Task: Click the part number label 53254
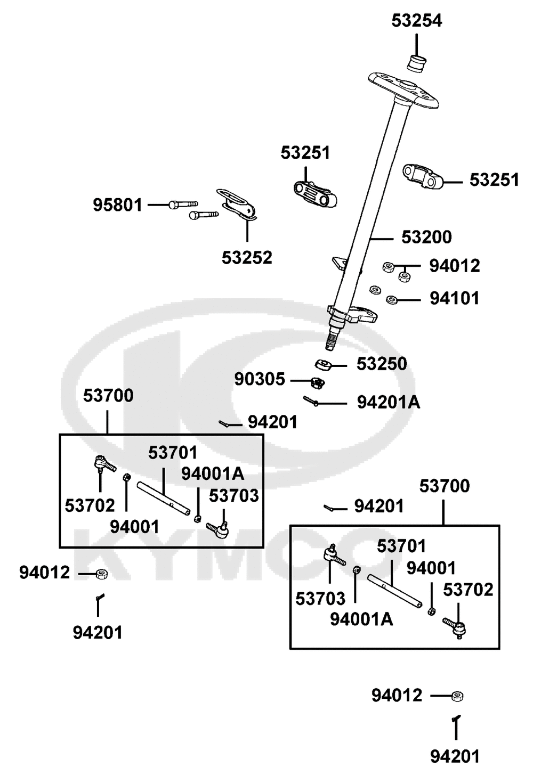pyautogui.click(x=417, y=21)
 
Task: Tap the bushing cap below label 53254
pyautogui.click(x=417, y=62)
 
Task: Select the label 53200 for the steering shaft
pyautogui.click(x=426, y=237)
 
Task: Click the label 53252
pyautogui.click(x=247, y=258)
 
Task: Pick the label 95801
pyautogui.click(x=118, y=205)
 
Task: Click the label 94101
pyautogui.click(x=454, y=299)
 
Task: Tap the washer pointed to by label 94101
pyautogui.click(x=392, y=300)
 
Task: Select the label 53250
pyautogui.click(x=382, y=364)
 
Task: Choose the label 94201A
pyautogui.click(x=388, y=403)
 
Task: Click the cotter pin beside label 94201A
pyautogui.click(x=311, y=401)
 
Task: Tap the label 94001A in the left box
pyautogui.click(x=213, y=473)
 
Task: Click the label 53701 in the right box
pyautogui.click(x=401, y=546)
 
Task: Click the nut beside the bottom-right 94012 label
pyautogui.click(x=457, y=696)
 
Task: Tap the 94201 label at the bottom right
pyautogui.click(x=455, y=756)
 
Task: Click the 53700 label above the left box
pyautogui.click(x=108, y=396)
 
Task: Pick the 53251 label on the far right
pyautogui.click(x=494, y=180)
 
